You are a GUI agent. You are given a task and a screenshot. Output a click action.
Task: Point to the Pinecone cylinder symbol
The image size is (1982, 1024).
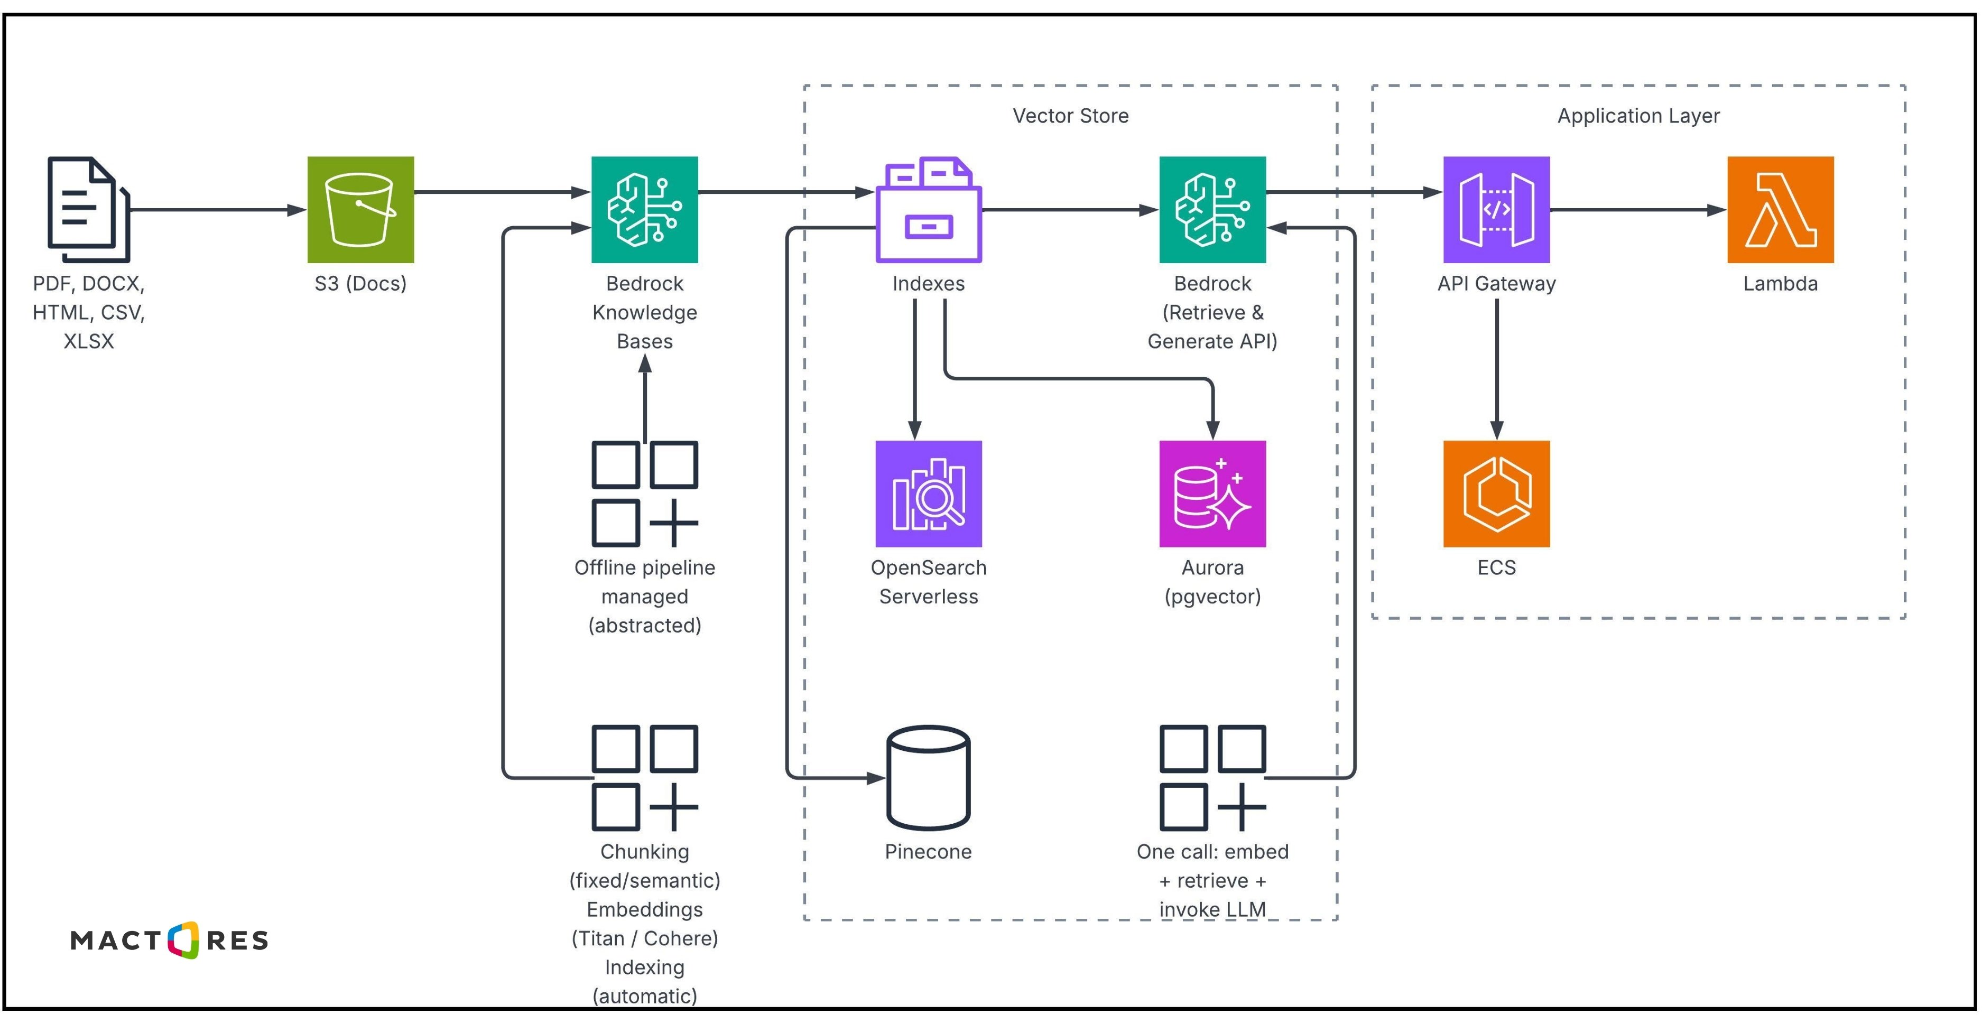point(928,777)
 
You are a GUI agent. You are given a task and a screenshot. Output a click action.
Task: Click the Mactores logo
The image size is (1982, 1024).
point(169,939)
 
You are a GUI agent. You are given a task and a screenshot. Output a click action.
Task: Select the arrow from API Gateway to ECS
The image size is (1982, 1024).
point(1496,369)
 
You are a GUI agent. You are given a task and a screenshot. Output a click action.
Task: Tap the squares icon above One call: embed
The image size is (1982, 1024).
point(1212,777)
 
